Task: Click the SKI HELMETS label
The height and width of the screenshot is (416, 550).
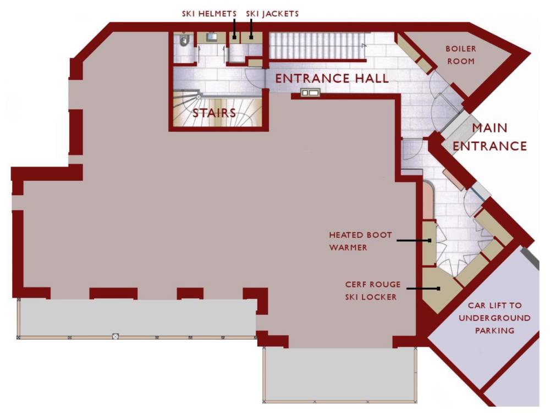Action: coord(209,14)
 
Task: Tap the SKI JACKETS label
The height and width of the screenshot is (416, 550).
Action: coord(272,14)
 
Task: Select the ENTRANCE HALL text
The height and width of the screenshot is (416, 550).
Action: coord(332,79)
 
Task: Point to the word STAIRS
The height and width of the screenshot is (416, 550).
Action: coord(214,113)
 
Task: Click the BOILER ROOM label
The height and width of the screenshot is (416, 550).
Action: coord(460,54)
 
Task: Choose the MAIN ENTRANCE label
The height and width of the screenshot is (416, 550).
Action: coord(490,137)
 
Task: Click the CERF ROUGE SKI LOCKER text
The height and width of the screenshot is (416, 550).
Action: coord(372,291)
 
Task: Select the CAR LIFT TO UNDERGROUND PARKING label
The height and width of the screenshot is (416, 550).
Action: coord(494,318)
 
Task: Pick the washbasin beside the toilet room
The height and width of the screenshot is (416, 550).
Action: coord(212,37)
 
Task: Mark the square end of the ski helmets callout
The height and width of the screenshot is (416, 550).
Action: coord(234,37)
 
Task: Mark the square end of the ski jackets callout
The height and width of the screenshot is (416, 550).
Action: coord(251,37)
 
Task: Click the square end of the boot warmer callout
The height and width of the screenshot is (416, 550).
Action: coord(430,240)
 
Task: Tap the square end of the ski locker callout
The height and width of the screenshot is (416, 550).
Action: coord(438,289)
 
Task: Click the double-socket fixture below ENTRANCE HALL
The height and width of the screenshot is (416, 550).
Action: coord(310,92)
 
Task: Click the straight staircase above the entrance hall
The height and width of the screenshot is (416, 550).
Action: coord(317,46)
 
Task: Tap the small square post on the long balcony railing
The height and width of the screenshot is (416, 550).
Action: coord(115,336)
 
